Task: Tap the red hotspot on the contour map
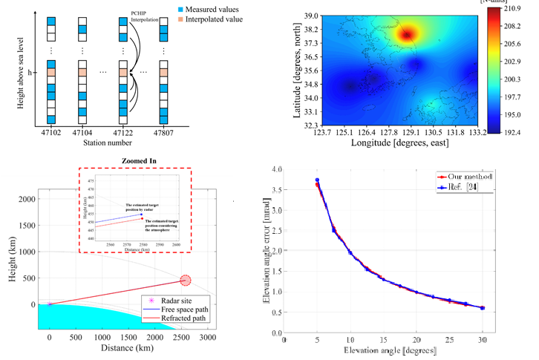pos(407,33)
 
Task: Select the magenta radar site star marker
pos(49,304)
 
